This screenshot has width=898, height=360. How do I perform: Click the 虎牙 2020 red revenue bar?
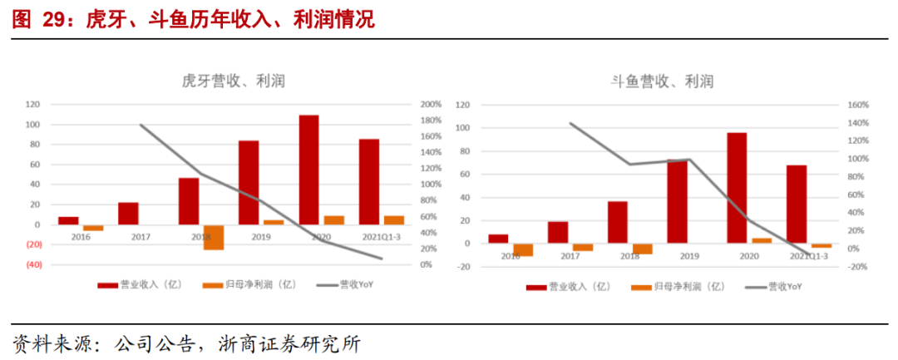tap(308, 170)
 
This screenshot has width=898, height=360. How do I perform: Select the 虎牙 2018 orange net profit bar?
tap(214, 237)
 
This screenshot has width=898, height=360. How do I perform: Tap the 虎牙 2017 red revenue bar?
tap(128, 214)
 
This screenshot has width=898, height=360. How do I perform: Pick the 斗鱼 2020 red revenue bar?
tap(737, 188)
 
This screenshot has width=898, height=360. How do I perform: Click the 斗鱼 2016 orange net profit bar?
tap(523, 249)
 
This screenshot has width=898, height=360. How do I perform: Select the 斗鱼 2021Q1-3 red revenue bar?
tap(797, 205)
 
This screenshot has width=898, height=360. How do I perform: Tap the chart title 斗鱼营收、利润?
tap(663, 81)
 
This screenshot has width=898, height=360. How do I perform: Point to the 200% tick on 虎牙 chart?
tap(431, 105)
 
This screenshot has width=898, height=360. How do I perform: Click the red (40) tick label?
tap(32, 264)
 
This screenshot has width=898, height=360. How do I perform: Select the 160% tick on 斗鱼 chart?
tap(857, 106)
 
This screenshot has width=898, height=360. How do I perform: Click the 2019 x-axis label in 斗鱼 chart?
tap(688, 256)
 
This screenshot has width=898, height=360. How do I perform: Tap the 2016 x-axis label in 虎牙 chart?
tap(81, 237)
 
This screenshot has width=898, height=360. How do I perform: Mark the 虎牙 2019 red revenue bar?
tap(249, 182)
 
